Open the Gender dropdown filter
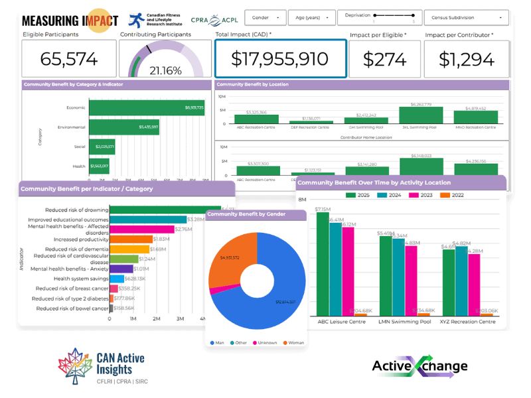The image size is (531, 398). [267, 18]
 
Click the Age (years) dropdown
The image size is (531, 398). [314, 18]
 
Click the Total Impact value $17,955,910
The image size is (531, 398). [279, 58]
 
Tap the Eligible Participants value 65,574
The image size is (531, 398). [69, 58]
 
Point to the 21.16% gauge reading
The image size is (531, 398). [165, 69]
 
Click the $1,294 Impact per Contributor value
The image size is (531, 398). [467, 58]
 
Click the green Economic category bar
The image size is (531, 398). [147, 107]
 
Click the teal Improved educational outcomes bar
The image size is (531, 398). [148, 220]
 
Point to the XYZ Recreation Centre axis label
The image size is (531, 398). [468, 322]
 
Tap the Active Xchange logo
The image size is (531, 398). [419, 366]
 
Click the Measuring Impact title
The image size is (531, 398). [70, 21]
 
